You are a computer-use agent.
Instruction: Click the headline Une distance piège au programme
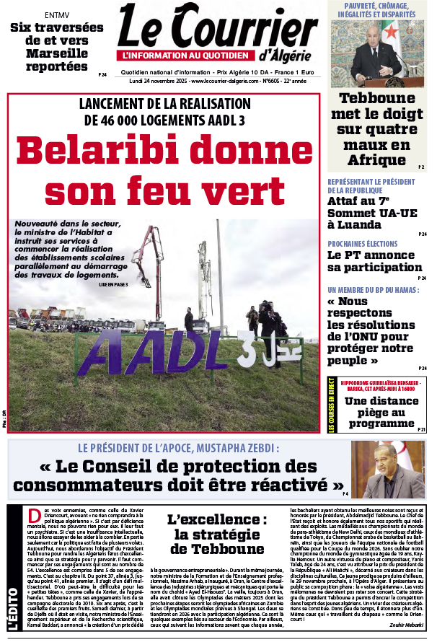click(381, 410)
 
